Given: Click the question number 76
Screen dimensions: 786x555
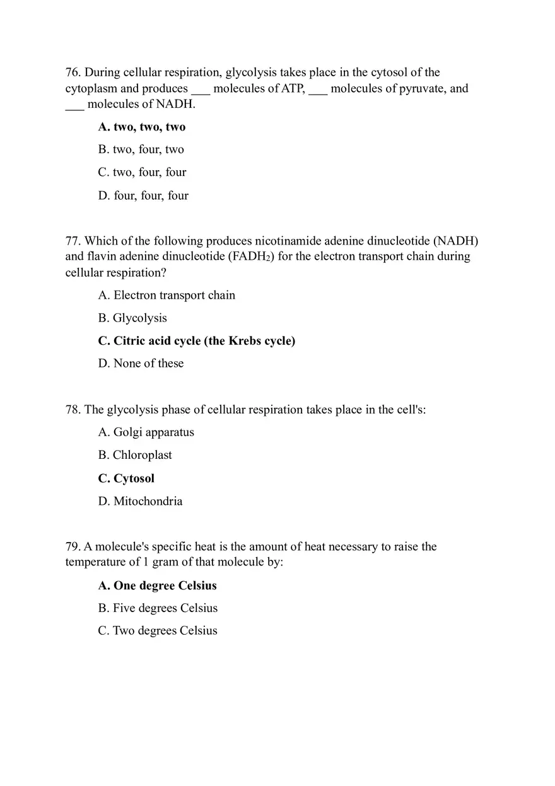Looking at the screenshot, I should point(73,72).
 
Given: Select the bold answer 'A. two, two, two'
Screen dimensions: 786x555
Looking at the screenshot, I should point(142,127).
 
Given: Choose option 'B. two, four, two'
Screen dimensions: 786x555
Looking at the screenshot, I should point(141,149).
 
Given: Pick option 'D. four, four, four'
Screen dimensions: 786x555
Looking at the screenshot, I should point(143,195).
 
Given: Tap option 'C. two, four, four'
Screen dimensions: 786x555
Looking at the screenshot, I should point(142,172).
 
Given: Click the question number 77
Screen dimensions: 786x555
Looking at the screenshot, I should point(73,241).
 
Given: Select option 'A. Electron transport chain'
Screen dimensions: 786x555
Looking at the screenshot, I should point(166,295).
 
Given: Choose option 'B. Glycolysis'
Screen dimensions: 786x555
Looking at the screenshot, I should point(132,318).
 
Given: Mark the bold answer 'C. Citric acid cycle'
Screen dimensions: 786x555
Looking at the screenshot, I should point(196,341).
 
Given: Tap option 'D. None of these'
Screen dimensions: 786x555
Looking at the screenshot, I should point(141,363).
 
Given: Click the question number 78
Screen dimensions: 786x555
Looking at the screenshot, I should point(73,410).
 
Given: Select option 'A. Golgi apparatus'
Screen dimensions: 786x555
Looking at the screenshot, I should point(146,432).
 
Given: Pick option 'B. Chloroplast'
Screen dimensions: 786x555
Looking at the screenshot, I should point(135,455).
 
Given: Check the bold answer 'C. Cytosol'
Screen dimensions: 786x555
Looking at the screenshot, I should point(126,478).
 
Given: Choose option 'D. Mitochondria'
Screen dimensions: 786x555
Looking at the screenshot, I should point(140,501).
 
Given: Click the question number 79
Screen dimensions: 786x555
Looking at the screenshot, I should point(73,546).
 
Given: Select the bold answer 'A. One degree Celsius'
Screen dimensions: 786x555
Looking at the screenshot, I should point(157,586).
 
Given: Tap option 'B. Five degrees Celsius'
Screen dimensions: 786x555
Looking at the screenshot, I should point(158,608).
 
